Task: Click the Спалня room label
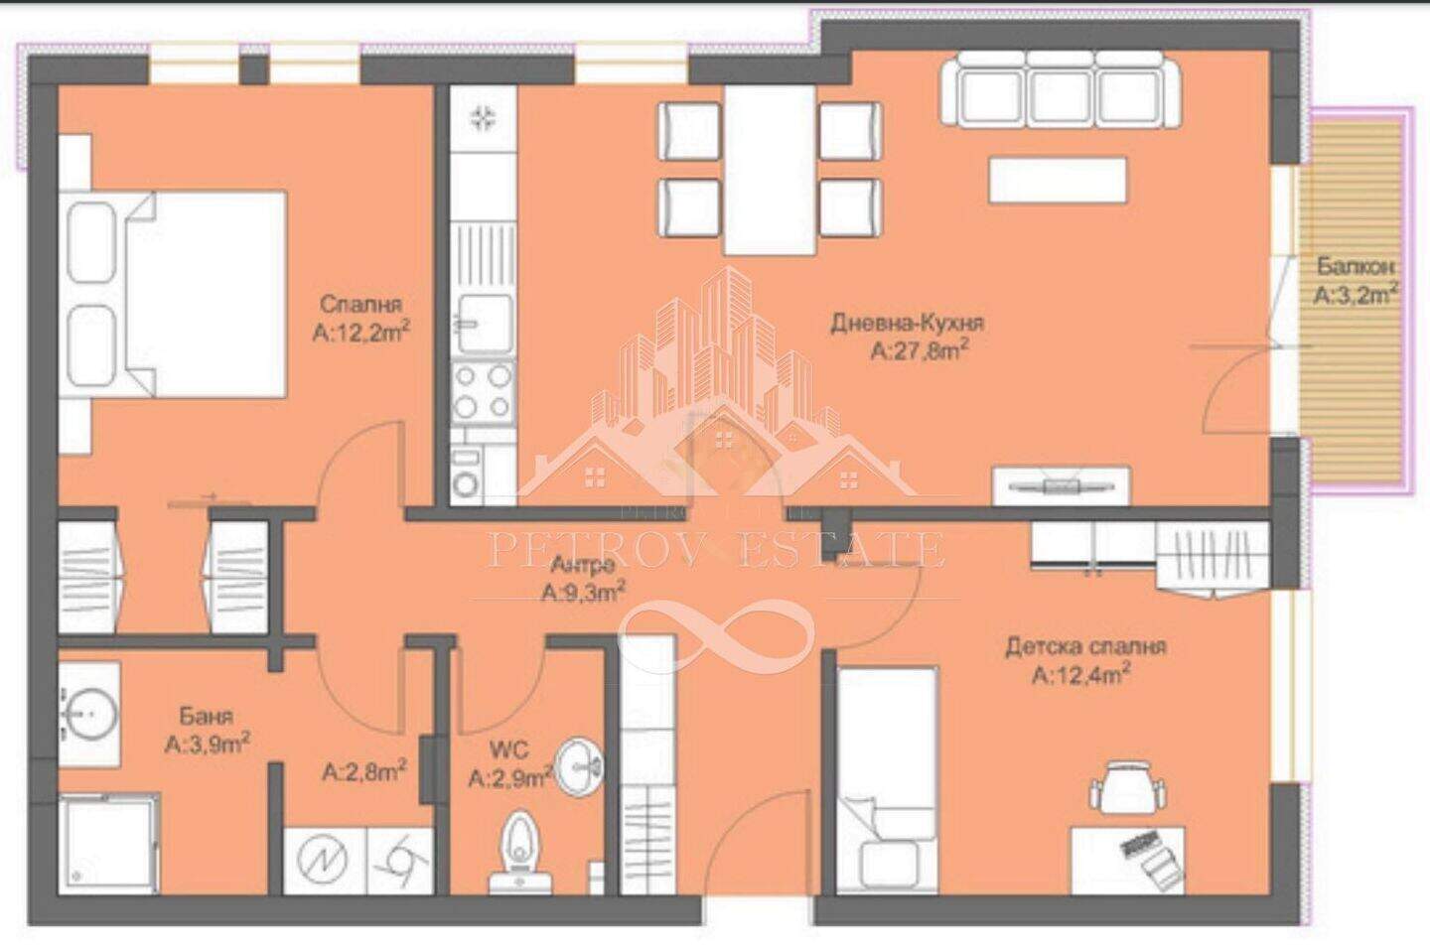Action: (x=360, y=304)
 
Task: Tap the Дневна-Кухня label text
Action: (x=907, y=323)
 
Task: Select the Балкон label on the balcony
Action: (x=1355, y=266)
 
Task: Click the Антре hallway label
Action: (x=582, y=564)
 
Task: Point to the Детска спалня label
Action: (x=1086, y=647)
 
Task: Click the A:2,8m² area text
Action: (x=364, y=771)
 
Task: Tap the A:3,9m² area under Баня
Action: (x=207, y=743)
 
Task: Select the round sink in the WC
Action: (x=579, y=767)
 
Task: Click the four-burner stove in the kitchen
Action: (x=483, y=392)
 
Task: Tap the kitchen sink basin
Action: (x=486, y=324)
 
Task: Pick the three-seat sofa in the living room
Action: (x=1060, y=89)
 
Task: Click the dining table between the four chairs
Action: (x=770, y=170)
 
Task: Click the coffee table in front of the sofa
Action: (x=1058, y=181)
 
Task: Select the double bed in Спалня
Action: (x=173, y=294)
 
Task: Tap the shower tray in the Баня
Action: (x=107, y=843)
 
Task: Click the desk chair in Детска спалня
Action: (x=1127, y=786)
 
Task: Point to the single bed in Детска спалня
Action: (x=887, y=779)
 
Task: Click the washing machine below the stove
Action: (x=466, y=475)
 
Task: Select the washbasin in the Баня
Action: (x=89, y=714)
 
